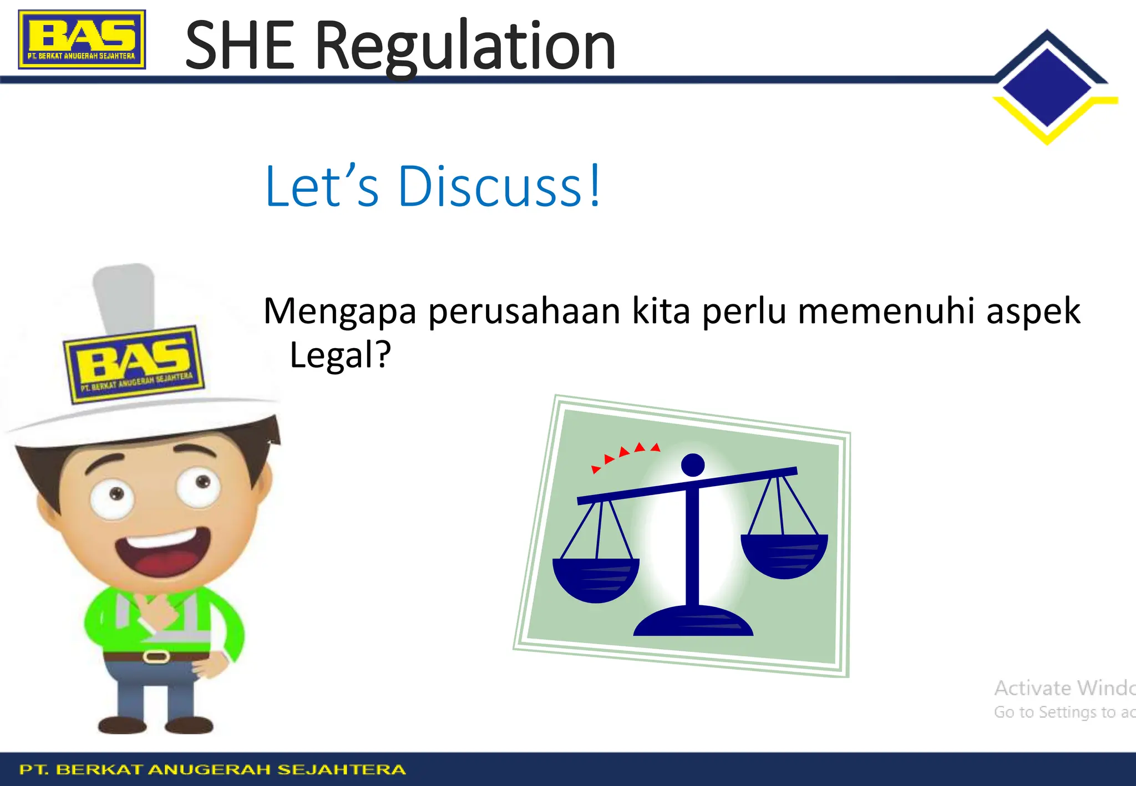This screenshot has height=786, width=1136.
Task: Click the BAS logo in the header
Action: [x=82, y=39]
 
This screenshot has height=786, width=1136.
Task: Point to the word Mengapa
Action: [x=339, y=312]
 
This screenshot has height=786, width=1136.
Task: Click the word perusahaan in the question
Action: [x=524, y=312]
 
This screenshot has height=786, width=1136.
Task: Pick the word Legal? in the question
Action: [x=340, y=355]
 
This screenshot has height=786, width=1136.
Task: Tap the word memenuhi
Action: [x=885, y=311]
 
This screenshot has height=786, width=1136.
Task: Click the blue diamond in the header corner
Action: [x=1047, y=87]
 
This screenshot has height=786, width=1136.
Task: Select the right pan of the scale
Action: [x=784, y=554]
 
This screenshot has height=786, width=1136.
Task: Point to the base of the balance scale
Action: [x=693, y=622]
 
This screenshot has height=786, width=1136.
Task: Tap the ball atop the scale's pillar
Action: [x=693, y=465]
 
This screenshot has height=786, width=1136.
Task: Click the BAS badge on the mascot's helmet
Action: [x=134, y=364]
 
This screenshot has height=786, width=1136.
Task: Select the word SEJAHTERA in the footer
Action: [x=341, y=769]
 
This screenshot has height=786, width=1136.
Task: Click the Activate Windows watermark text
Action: [x=1064, y=688]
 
